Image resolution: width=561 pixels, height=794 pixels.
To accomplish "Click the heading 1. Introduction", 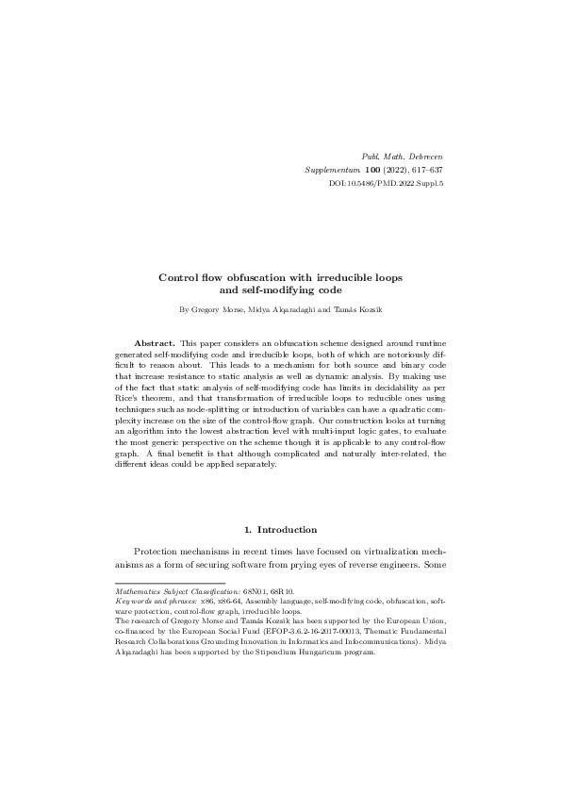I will coord(280,530).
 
